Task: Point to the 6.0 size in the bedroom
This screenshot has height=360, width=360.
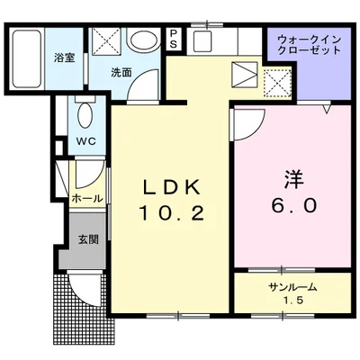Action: click(291, 204)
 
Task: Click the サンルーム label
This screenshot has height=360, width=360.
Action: click(292, 286)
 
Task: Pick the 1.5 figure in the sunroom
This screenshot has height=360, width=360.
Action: click(292, 300)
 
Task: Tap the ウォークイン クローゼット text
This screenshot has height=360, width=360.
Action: click(297, 45)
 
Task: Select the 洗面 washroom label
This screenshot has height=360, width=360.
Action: click(122, 72)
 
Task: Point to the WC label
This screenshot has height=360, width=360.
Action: click(85, 140)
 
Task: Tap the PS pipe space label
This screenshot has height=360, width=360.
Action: click(173, 40)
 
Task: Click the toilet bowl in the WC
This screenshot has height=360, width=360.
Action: click(85, 115)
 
